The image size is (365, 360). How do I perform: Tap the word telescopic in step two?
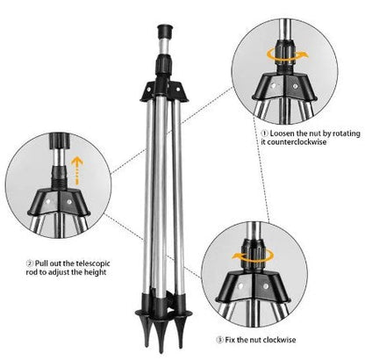click(x=84, y=263)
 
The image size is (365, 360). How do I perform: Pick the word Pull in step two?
click(x=42, y=263)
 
